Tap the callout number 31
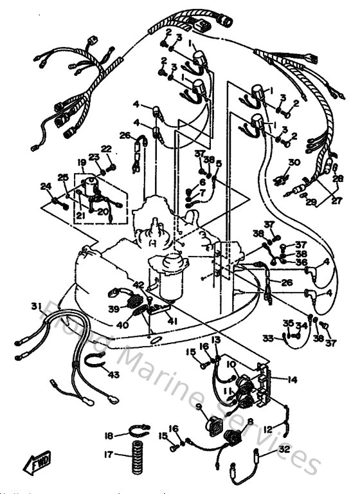[35, 305]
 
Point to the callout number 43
[113, 374]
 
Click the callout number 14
[292, 380]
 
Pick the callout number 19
[82, 162]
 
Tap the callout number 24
[45, 187]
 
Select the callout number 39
[113, 309]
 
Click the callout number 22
[106, 149]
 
